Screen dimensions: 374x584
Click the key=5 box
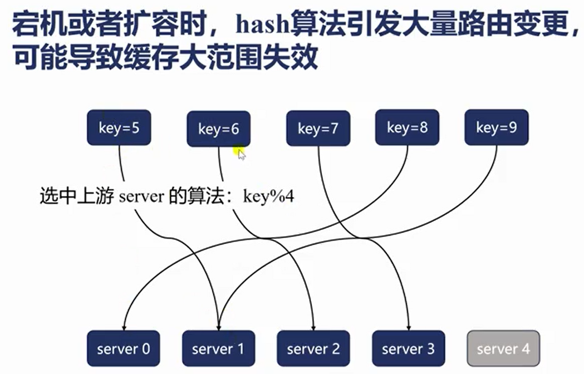point(119,128)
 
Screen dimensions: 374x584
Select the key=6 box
point(218,129)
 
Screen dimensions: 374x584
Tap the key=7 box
point(318,129)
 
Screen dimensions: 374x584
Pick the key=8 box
point(407,128)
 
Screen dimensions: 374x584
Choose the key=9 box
point(496,128)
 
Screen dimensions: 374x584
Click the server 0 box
point(124,349)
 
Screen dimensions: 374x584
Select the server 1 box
point(218,349)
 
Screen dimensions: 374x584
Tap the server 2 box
point(313,349)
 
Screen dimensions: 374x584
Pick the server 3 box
point(408,349)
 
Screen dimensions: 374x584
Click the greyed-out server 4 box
point(503,349)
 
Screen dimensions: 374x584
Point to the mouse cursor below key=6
point(241,154)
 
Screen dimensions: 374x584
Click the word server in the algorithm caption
point(141,197)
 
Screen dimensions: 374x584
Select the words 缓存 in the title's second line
point(197,57)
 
